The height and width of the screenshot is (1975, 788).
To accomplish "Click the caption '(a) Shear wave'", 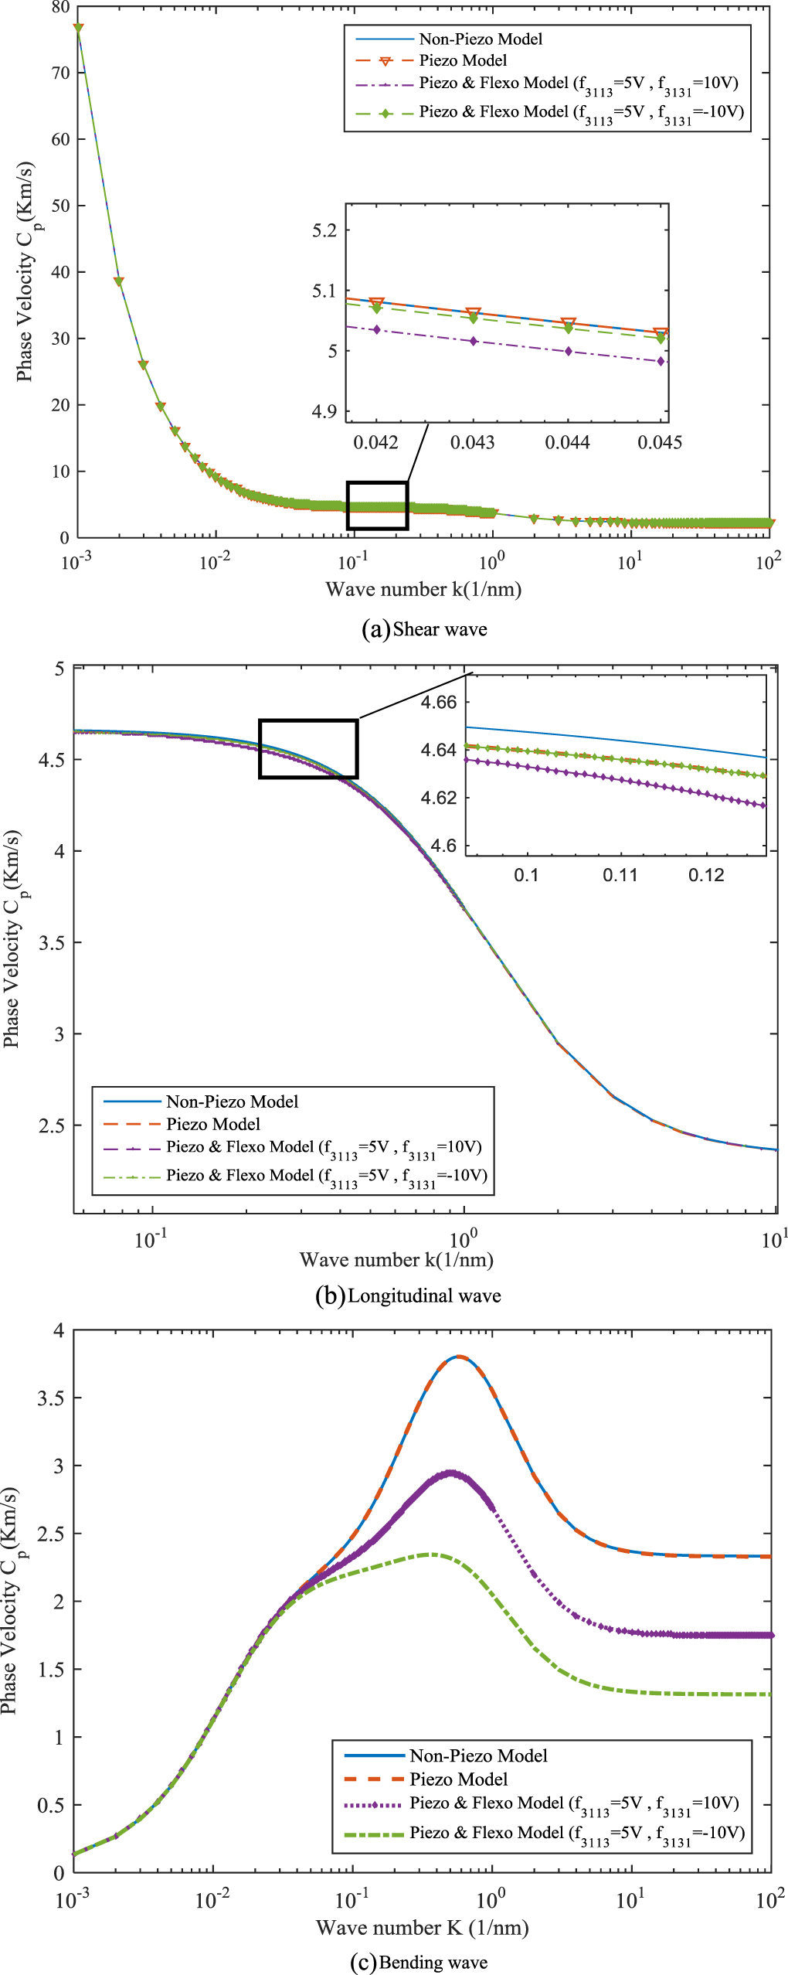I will point(424,629).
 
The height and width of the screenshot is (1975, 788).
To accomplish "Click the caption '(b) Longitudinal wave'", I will point(408,1296).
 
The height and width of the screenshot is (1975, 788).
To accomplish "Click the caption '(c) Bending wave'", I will point(418,1962).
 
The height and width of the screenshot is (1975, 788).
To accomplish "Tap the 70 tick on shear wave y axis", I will point(60,73).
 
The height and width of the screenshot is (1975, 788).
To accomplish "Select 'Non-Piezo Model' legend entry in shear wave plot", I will point(480,39).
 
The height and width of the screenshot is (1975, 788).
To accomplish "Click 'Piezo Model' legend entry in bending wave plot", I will point(458,1779).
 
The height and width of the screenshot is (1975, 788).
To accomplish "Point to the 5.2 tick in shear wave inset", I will point(324,230).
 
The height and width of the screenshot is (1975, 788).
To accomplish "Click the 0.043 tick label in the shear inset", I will point(472,442).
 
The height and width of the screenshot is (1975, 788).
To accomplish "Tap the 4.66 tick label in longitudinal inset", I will point(439,702).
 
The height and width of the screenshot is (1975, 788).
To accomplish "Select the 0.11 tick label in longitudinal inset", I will point(620,874).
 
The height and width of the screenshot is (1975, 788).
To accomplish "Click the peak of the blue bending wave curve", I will point(459,1357).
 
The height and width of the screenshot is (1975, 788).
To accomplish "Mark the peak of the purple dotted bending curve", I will point(451,1473).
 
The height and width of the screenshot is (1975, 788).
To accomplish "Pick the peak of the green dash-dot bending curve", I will point(431,1554).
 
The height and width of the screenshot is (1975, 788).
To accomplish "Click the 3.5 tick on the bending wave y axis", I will point(51,1398).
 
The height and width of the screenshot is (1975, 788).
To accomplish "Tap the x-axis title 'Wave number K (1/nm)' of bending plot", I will point(422,1927).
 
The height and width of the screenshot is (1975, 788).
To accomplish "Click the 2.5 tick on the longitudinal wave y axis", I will point(51,1125).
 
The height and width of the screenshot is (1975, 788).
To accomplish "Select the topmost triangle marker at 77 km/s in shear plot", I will point(78,29).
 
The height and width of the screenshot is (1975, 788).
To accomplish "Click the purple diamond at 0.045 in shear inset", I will point(661,361).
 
